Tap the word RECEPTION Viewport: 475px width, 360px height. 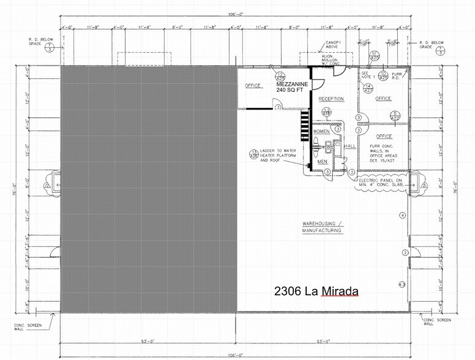331,99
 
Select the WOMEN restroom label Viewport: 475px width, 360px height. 321,132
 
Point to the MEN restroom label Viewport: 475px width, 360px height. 321,162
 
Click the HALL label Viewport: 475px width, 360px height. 350,147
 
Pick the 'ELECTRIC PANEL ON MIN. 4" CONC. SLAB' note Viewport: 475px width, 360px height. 382,182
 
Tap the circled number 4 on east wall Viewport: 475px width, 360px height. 402,216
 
